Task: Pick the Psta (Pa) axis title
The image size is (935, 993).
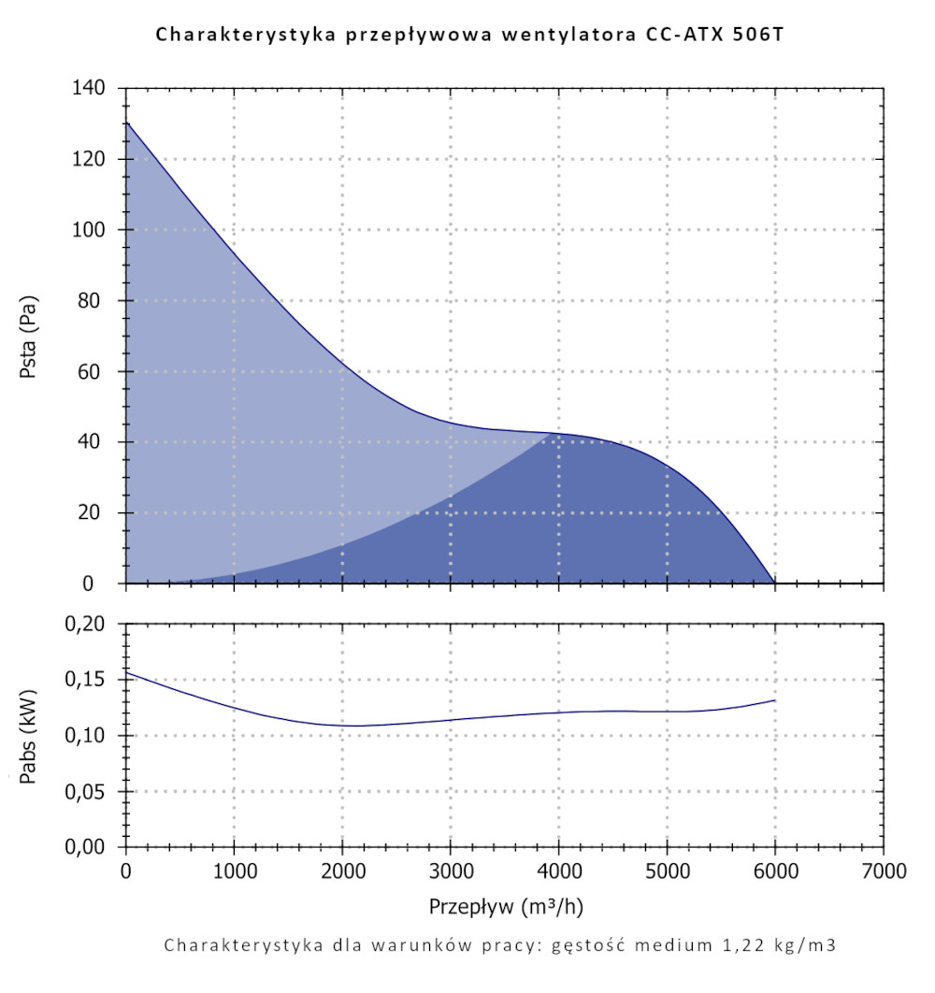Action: tap(29, 337)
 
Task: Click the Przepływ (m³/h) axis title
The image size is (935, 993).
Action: tap(506, 907)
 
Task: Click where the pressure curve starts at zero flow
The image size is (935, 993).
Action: tap(126, 122)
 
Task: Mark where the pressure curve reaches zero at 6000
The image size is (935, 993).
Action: tap(774, 583)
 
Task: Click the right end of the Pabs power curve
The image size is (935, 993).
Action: tap(774, 700)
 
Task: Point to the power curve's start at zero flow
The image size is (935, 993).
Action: tap(126, 672)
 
